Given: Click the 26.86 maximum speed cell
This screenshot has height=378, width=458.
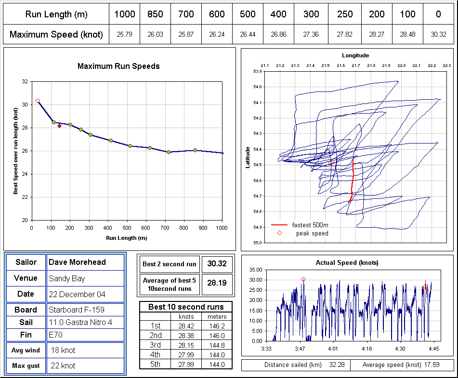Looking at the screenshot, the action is (x=278, y=35).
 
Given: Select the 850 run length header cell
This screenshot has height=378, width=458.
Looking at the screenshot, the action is (x=155, y=14).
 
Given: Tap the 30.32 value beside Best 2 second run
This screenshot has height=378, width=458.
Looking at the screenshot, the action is (x=217, y=263).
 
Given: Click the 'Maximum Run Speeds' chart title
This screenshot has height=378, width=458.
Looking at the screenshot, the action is (x=118, y=66).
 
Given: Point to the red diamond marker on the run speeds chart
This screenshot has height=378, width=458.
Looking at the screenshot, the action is (x=59, y=126).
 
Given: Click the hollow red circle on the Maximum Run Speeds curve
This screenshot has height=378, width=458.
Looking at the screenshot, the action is (x=38, y=101).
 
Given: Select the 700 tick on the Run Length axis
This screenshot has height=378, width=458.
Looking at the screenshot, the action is (x=165, y=228).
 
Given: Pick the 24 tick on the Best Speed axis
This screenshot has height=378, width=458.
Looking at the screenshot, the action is (x=25, y=174).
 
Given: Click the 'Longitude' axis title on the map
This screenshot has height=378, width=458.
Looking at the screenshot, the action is (x=355, y=55).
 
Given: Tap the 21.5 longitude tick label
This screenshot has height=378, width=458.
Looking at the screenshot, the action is (x=326, y=65).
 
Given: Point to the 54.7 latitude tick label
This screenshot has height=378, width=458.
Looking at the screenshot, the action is (x=257, y=196).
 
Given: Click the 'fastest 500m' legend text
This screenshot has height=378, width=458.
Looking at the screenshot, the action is (x=310, y=225).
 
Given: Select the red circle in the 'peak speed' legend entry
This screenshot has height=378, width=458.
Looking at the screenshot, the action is (x=279, y=233).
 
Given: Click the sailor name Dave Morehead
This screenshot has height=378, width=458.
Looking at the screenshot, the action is (x=77, y=262).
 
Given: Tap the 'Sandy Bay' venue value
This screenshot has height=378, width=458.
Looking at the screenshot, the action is (x=66, y=278).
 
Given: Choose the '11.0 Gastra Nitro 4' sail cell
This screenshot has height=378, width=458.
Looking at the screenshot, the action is (x=80, y=322).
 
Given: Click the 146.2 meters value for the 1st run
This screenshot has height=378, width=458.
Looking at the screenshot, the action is (x=217, y=326).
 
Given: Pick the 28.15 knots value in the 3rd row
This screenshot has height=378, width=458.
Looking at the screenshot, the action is (x=186, y=345).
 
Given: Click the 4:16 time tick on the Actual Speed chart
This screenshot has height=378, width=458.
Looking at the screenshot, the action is (x=367, y=349).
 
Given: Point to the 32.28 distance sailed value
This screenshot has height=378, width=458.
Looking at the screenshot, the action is (x=337, y=365).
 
